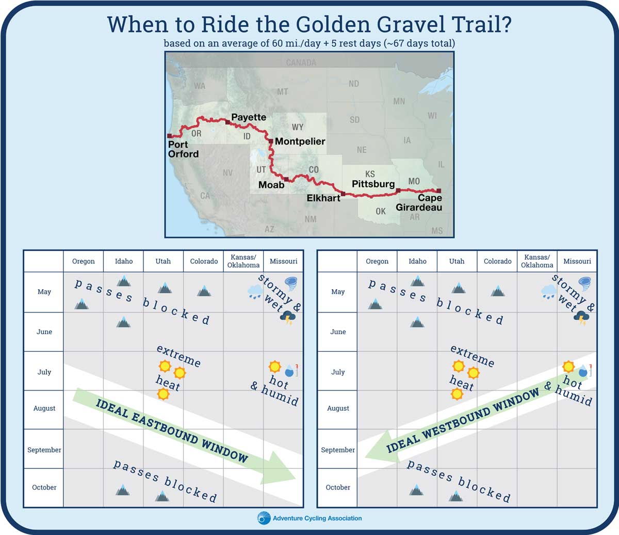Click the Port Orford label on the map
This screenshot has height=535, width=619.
(x=183, y=149)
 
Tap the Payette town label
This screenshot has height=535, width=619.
(x=249, y=117)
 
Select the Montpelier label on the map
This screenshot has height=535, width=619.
(x=300, y=141)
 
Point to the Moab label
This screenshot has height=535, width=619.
(x=271, y=185)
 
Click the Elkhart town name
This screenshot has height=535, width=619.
(x=323, y=198)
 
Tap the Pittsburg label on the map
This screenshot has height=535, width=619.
(x=373, y=184)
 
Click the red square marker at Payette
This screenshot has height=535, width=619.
(x=227, y=122)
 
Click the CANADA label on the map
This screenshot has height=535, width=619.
(x=301, y=62)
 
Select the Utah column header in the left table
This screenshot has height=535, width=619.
(x=163, y=261)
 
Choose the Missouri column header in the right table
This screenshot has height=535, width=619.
(x=577, y=261)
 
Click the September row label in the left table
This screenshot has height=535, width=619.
(x=44, y=450)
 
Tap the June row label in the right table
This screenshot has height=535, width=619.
(x=338, y=332)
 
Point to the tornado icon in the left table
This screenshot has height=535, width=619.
(x=290, y=284)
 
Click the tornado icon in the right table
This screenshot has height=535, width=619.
(x=584, y=284)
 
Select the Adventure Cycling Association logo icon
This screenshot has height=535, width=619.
(x=264, y=518)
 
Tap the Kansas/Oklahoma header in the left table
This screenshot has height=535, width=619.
(x=243, y=261)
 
